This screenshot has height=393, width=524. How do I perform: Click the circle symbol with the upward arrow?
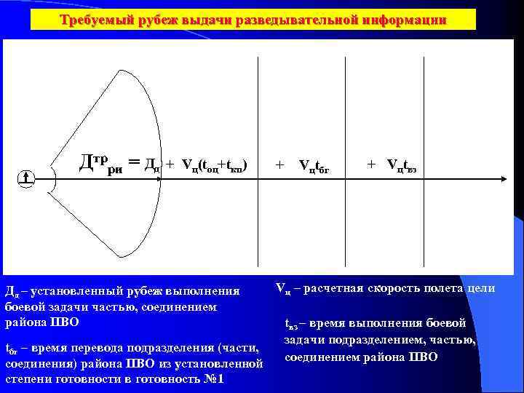point(26,178)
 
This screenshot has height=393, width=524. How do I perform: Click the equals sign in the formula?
point(133,164)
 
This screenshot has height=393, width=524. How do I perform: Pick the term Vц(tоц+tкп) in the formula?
point(215,165)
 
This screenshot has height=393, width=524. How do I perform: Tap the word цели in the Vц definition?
point(481,289)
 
